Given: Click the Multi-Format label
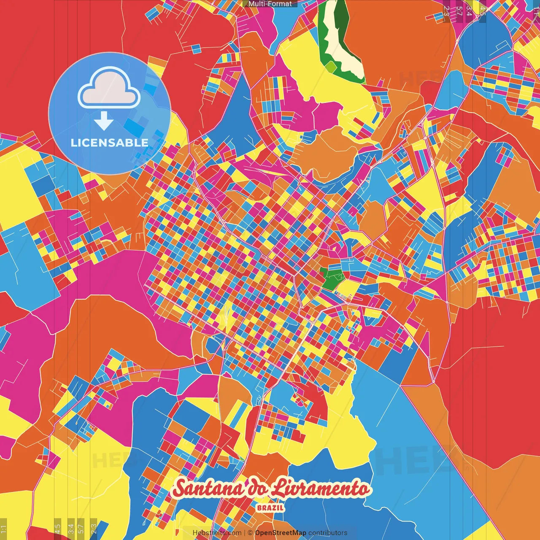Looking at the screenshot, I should click(x=270, y=4).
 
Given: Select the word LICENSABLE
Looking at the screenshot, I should click(x=110, y=143).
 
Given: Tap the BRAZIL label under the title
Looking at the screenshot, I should click(x=270, y=508).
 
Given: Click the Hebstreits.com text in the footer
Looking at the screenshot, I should click(x=217, y=533).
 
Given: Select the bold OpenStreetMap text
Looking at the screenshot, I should click(x=281, y=533).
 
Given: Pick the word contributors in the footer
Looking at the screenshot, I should click(x=328, y=533).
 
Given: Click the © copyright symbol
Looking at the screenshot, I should click(x=250, y=533).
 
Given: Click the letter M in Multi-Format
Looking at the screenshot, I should click(x=251, y=4).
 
